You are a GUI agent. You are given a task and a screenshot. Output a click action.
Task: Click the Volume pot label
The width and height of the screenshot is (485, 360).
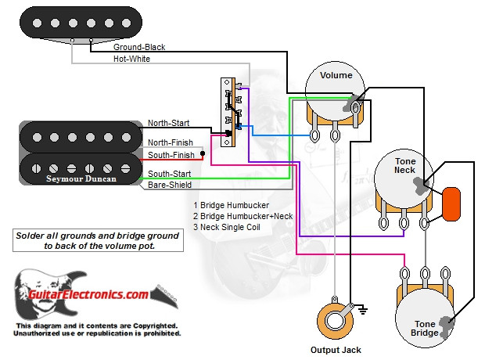pyautogui.click(x=335, y=76)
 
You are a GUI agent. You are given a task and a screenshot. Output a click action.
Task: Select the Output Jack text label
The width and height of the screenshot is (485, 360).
pyautogui.click(x=336, y=350)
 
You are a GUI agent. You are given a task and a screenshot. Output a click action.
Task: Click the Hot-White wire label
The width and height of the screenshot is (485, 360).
pyautogui.click(x=131, y=59)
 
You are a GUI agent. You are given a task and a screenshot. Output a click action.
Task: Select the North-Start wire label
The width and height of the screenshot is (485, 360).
pyautogui.click(x=168, y=123)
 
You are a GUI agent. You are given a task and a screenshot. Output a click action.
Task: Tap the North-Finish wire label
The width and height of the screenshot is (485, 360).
pyautogui.click(x=169, y=142)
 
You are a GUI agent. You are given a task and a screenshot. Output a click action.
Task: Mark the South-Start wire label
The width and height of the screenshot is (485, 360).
pyautogui.click(x=168, y=173)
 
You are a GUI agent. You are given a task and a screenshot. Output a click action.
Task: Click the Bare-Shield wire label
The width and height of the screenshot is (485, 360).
pyautogui.click(x=168, y=185)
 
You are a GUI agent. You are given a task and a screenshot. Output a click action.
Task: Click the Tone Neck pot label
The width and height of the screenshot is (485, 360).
pyautogui.click(x=404, y=164)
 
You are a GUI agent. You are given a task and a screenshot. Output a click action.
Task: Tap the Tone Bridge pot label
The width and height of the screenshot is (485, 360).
pyautogui.click(x=426, y=329)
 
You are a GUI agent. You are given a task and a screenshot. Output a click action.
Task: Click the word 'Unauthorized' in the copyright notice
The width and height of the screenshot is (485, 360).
pyautogui.click(x=38, y=333)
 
